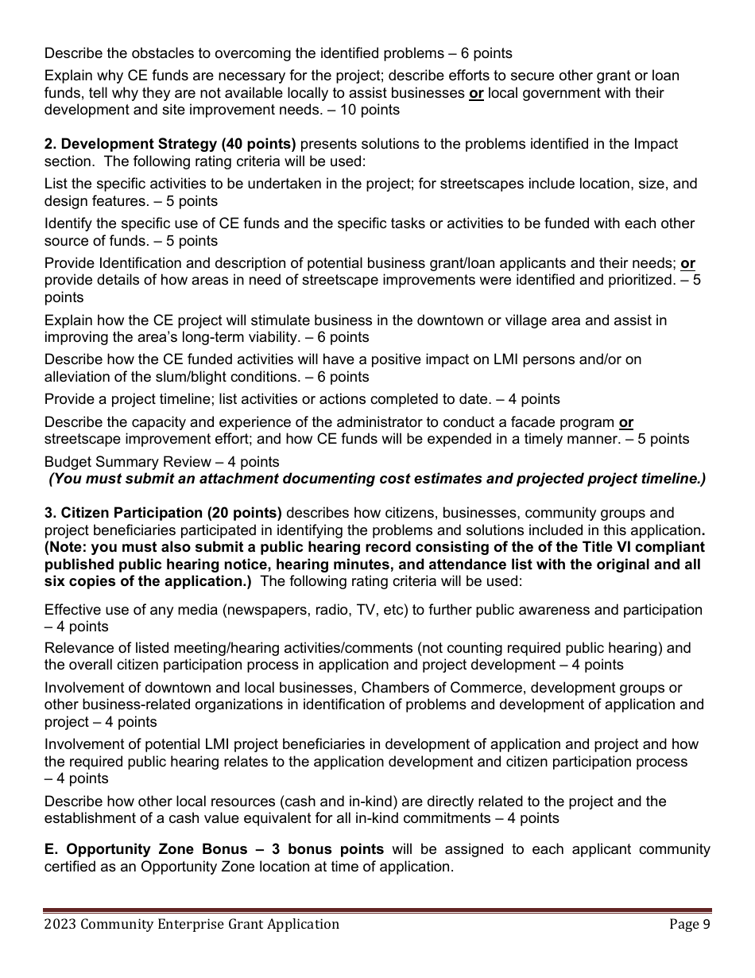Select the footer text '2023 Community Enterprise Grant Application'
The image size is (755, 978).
tap(192, 924)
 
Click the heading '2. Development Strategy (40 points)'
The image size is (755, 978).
tap(170, 144)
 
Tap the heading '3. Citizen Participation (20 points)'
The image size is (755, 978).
tap(163, 513)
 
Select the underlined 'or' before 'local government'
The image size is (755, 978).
tap(476, 93)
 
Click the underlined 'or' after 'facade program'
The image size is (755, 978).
tap(625, 422)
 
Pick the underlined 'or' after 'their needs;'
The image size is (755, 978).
tap(687, 263)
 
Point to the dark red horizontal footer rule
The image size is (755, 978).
tap(377, 910)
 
